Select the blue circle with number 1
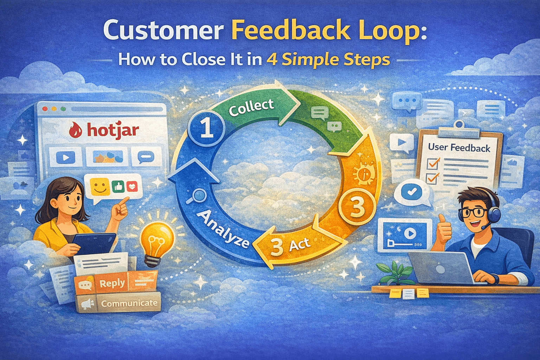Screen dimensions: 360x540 click(x=206, y=128)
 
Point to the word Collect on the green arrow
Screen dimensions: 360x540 click(x=251, y=107)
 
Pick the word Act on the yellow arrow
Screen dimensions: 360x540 click(x=299, y=244)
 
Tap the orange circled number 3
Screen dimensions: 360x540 click(x=357, y=207)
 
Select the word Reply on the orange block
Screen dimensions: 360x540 click(x=112, y=283)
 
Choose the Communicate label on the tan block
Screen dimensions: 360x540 click(x=129, y=303)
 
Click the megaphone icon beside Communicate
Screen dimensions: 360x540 click(x=86, y=304)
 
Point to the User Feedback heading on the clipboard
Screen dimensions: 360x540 click(x=459, y=148)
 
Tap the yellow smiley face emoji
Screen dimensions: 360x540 click(x=100, y=187)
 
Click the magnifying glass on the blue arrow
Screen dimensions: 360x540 click(x=200, y=195)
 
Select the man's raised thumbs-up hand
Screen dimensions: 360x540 click(x=443, y=229)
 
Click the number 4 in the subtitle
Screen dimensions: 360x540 click(x=271, y=60)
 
